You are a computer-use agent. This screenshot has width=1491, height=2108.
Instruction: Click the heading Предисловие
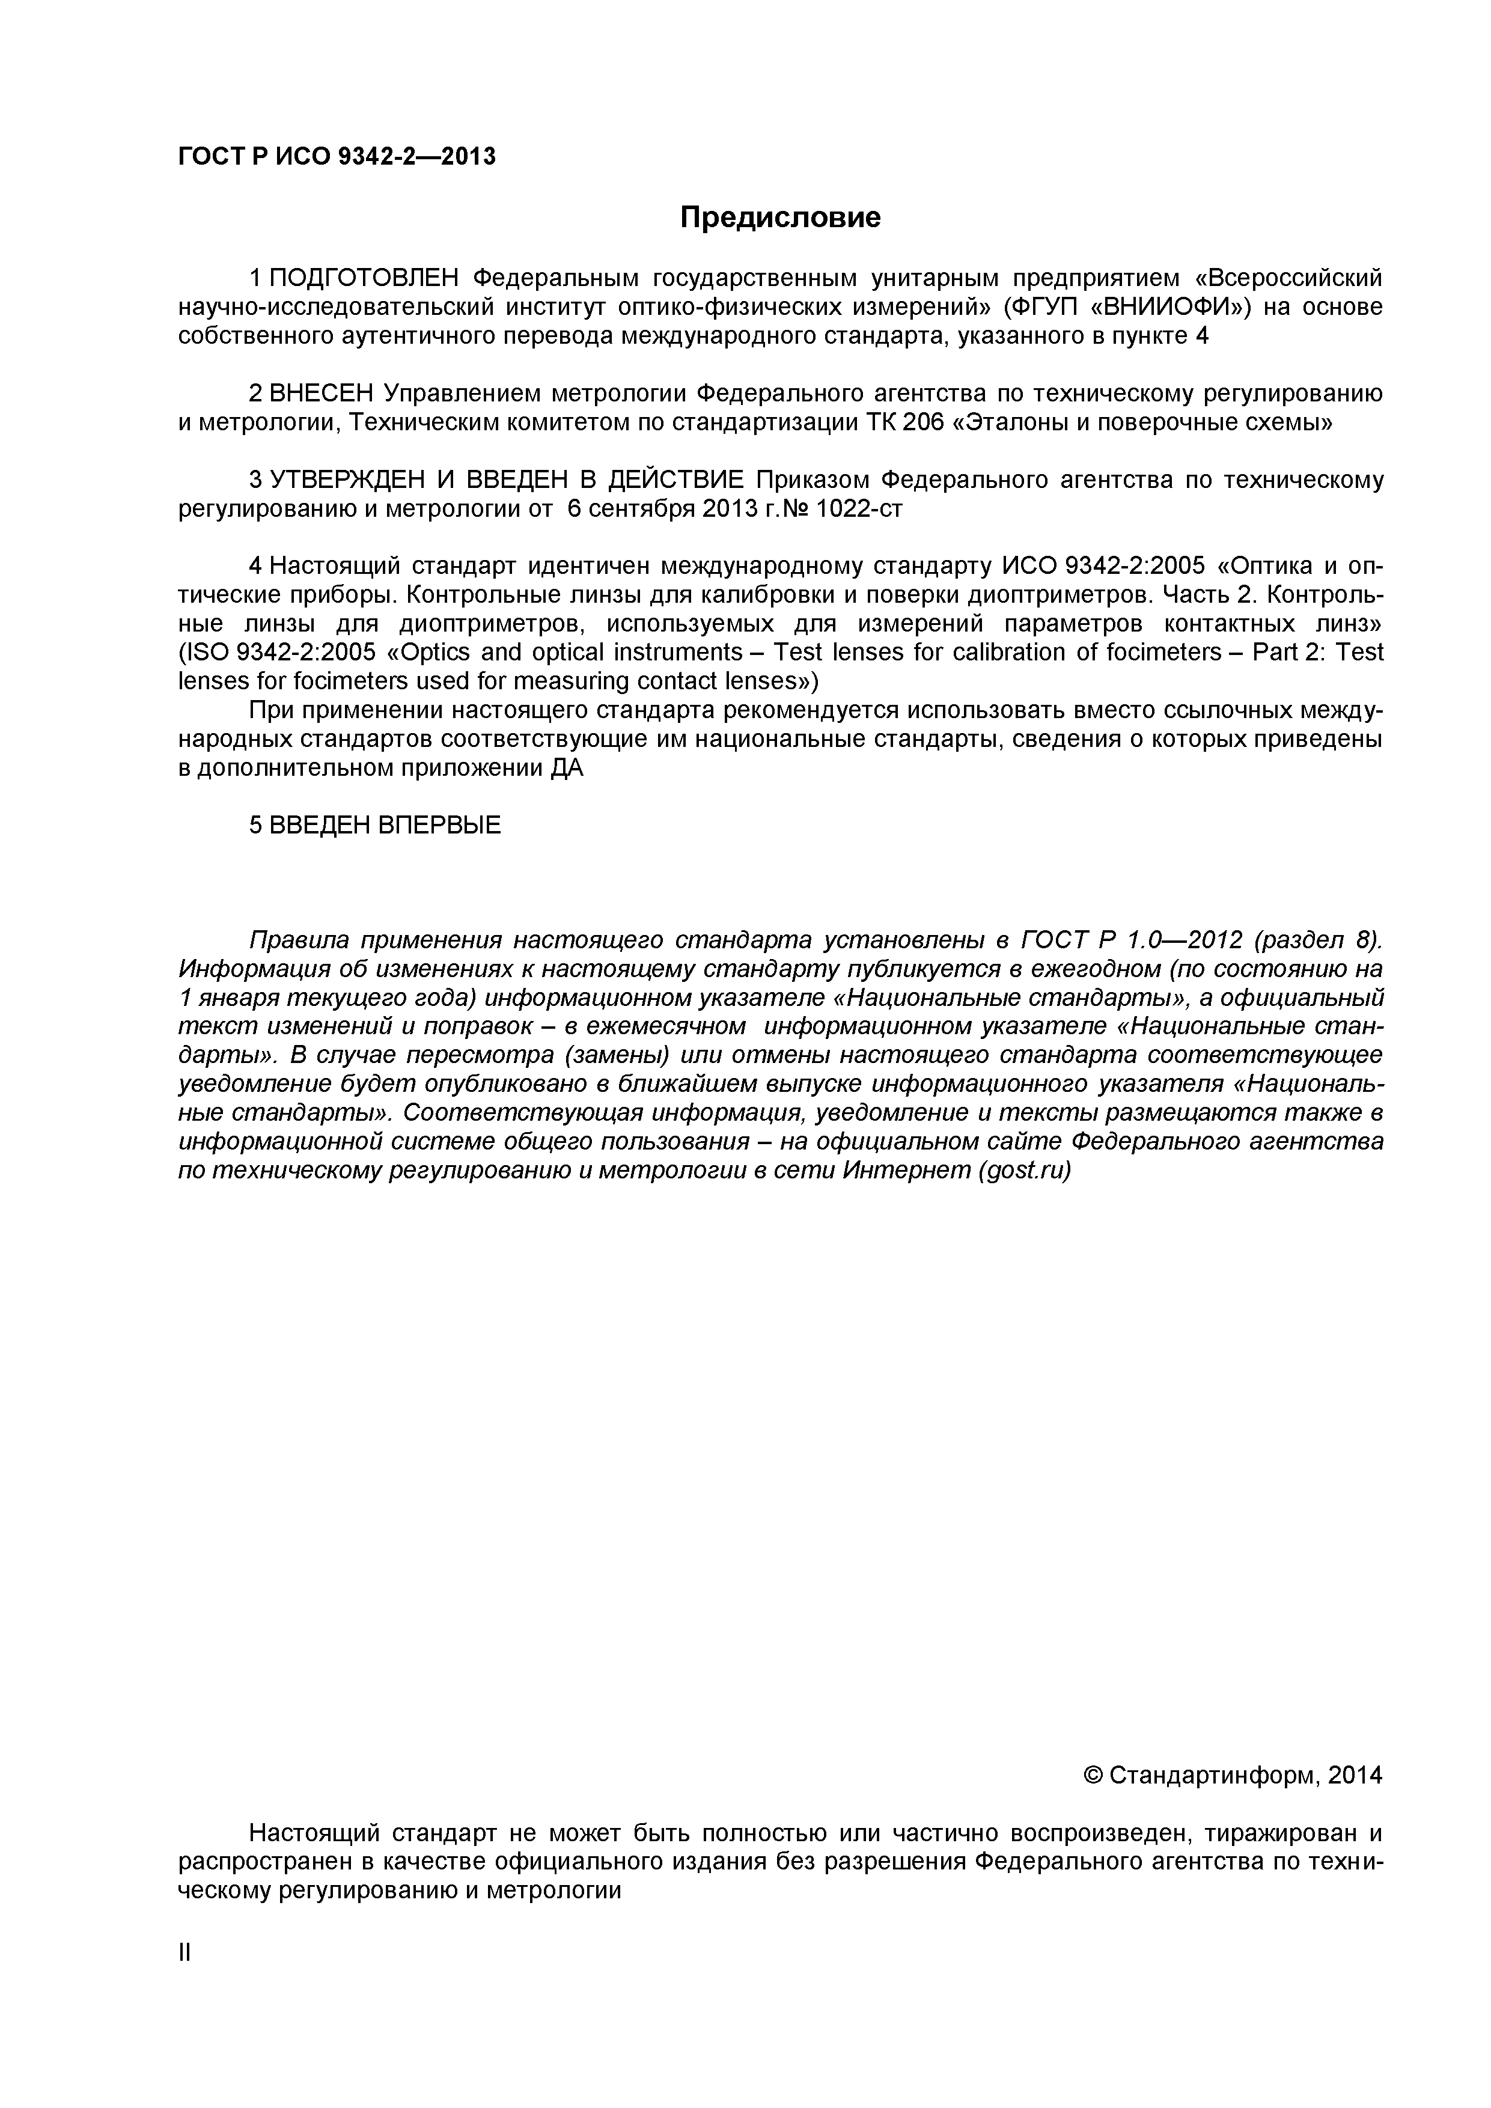click(x=779, y=218)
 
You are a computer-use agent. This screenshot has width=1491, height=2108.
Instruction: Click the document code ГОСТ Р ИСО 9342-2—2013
click(x=336, y=157)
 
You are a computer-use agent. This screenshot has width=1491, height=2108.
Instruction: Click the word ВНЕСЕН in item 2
click(x=322, y=394)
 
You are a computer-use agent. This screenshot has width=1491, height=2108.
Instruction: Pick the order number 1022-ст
click(x=859, y=510)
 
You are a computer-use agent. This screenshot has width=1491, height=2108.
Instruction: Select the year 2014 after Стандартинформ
click(x=1354, y=1776)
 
